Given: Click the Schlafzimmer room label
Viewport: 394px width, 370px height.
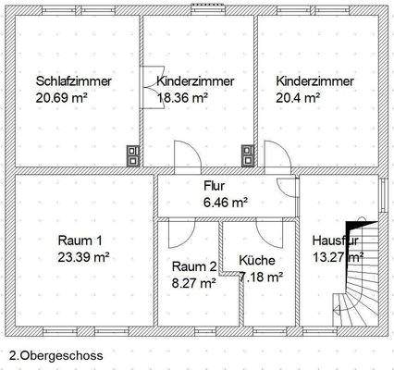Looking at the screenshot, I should pos(74,81).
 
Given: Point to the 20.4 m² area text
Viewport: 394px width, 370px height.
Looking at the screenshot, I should pos(298,96).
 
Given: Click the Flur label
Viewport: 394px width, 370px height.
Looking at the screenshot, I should pos(214,185).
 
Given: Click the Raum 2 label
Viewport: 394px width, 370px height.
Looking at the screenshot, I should pos(194,267).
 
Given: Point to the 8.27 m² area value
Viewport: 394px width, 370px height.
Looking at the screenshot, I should pos(194,283).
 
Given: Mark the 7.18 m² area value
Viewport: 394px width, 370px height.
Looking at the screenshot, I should pos(261,276).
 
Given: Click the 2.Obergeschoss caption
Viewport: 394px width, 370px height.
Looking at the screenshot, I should pos(55,353).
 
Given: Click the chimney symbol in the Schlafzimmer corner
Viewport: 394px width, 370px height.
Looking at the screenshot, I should pos(135,156).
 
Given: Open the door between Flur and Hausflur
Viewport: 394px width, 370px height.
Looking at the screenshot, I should pos(293,189).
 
